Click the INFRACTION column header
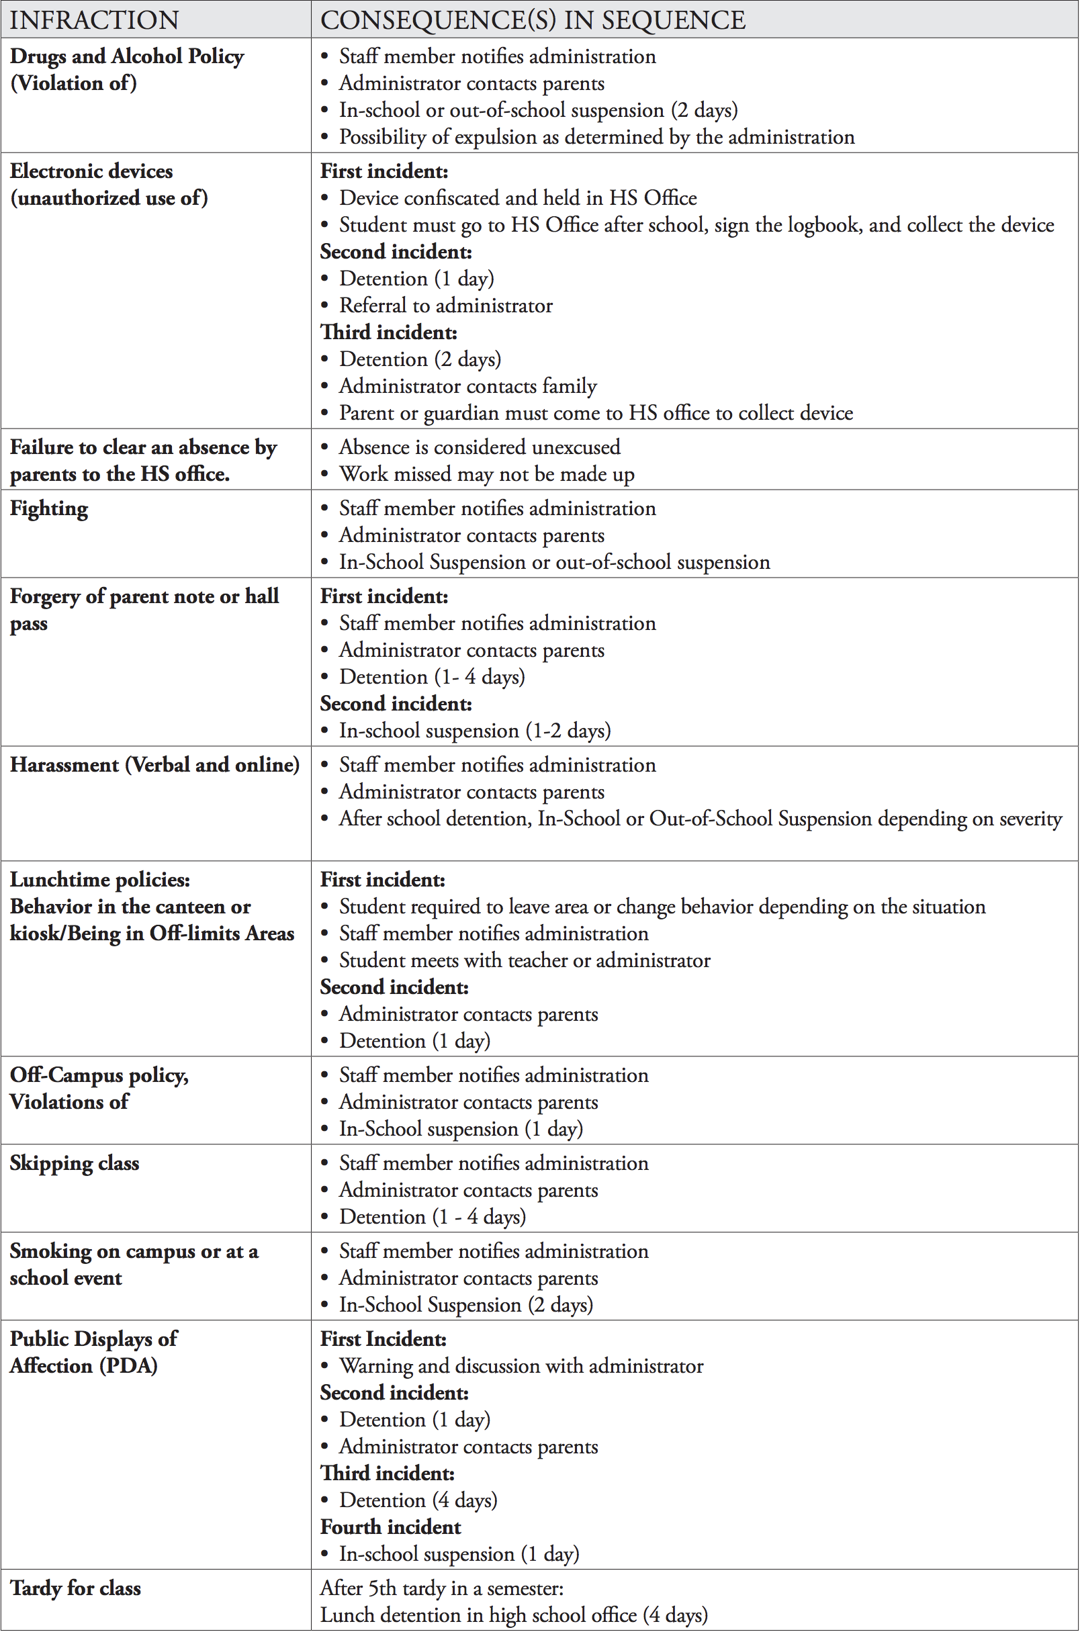94,20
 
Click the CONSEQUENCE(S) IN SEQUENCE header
533,20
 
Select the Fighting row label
49,509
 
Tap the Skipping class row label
75,1163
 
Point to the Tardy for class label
75,1588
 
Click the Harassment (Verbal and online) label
154,765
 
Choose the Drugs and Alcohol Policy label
127,56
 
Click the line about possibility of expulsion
596,137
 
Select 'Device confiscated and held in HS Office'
517,198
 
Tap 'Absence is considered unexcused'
480,447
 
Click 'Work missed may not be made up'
486,473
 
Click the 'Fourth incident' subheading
390,1527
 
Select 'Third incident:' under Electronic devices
388,332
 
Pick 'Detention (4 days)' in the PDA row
418,1500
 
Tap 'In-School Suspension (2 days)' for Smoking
465,1305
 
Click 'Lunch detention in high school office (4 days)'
514,1615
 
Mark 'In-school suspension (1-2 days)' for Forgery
475,731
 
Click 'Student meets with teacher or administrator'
524,960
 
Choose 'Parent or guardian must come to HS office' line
596,413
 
